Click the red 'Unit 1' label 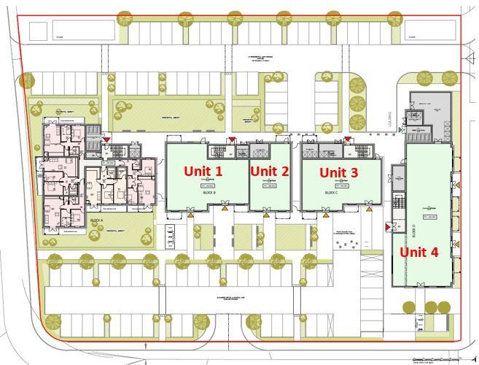(x=203, y=171)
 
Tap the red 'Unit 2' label (x=269, y=171)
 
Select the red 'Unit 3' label (x=339, y=172)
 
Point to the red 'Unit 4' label (x=418, y=252)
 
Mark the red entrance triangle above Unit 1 (x=232, y=139)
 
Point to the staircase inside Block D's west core (x=398, y=201)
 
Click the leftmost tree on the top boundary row (x=125, y=18)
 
